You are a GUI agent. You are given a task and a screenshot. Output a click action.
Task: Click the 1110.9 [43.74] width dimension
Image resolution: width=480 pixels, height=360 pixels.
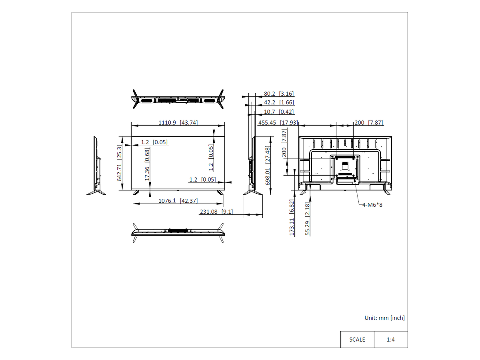[178, 122]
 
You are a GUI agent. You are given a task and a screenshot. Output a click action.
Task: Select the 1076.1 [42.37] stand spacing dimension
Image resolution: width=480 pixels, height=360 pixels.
[178, 201]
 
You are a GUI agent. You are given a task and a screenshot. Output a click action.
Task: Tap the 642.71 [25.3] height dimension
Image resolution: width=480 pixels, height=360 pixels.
[119, 163]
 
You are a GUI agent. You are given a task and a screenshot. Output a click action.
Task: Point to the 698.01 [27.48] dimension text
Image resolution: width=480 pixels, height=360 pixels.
[268, 166]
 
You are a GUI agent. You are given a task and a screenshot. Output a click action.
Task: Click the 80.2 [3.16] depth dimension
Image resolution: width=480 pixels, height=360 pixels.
[279, 94]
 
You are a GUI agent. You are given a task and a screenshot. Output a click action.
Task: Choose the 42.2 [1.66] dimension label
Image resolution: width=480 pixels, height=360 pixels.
[279, 102]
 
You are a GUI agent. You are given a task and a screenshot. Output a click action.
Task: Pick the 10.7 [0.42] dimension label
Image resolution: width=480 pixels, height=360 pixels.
[279, 112]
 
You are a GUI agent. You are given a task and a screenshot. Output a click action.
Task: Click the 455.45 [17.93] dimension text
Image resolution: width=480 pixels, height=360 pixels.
[278, 122]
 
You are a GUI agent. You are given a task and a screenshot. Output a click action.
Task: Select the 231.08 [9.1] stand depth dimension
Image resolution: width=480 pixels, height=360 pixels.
[216, 212]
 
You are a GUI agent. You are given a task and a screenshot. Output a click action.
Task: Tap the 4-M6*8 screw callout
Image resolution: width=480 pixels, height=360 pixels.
[372, 205]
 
